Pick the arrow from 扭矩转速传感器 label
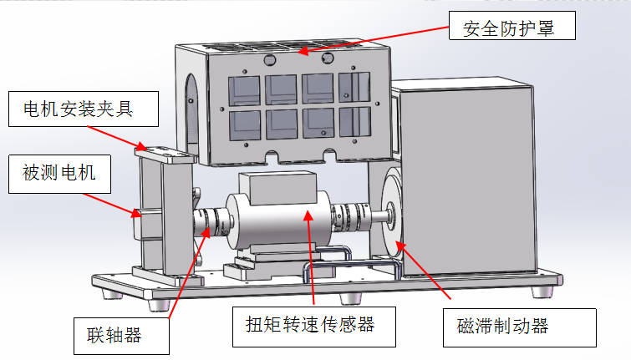click(x=311, y=259)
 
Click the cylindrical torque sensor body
click(x=276, y=221)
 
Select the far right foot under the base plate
click(x=544, y=292)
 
